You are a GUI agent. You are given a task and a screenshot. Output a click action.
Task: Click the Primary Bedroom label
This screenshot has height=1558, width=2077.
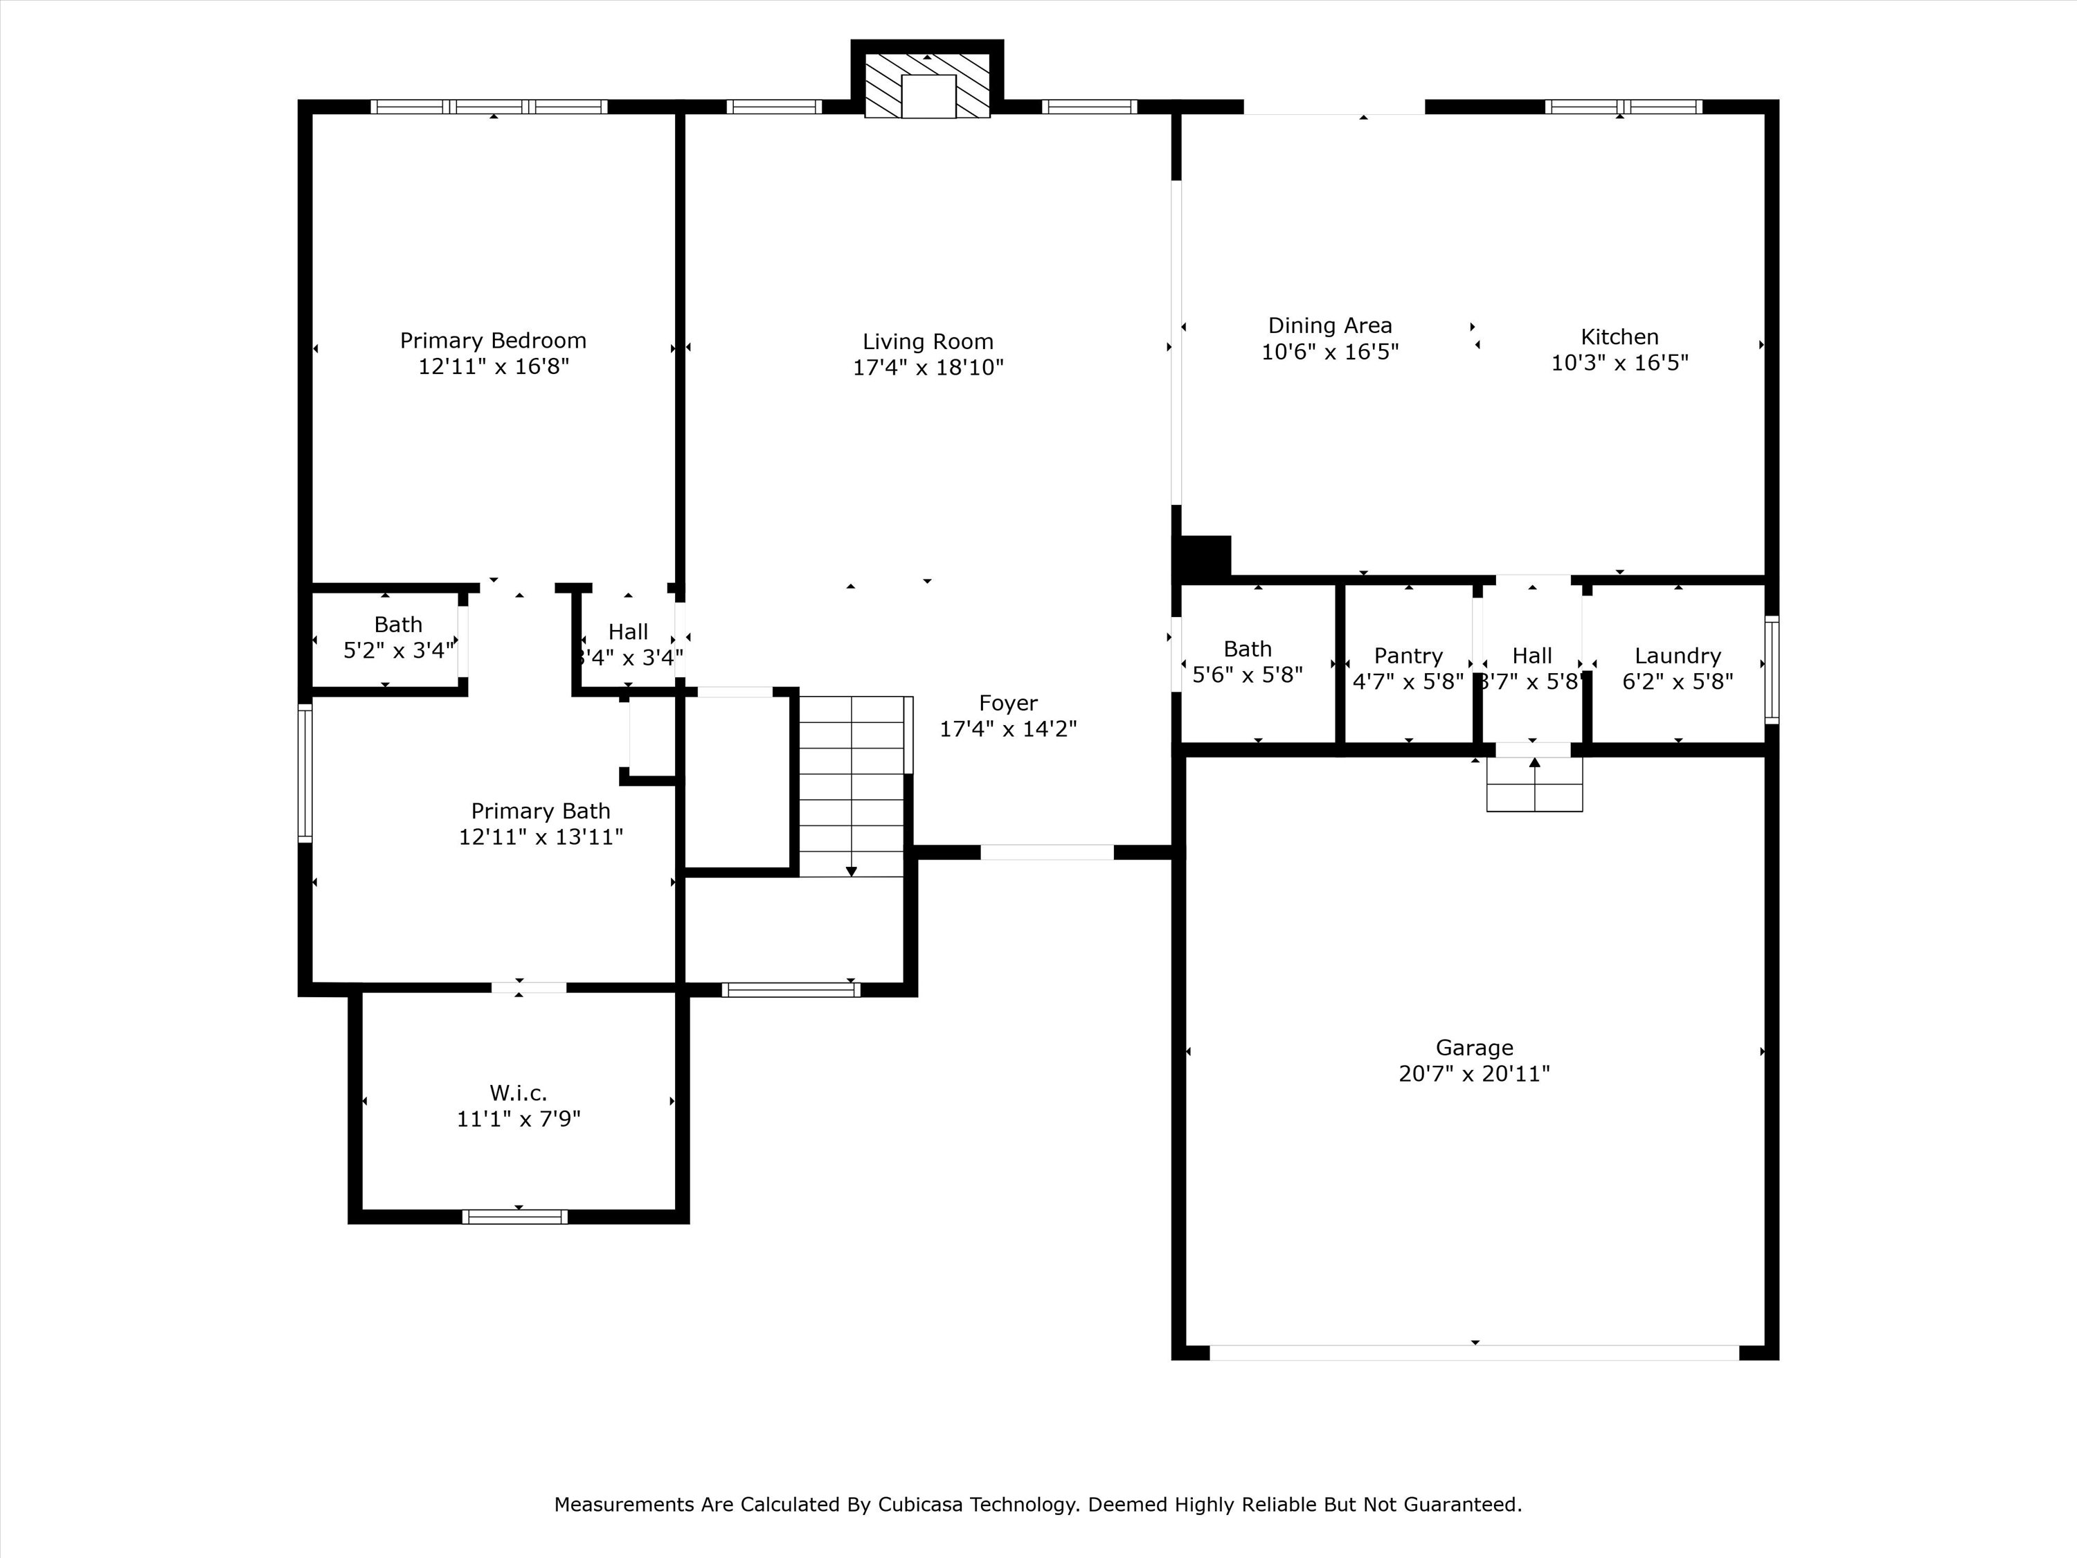(493, 341)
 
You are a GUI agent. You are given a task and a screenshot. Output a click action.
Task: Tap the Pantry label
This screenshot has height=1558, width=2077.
(1408, 656)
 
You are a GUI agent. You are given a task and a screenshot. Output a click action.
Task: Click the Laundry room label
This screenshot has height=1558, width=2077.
(1677, 656)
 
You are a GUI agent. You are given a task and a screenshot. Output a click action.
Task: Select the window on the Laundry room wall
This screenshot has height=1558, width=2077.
(1771, 669)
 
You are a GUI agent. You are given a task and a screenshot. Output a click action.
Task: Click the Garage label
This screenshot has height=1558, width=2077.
(1474, 1047)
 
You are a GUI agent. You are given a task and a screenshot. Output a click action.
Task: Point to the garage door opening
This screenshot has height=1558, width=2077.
(1474, 1352)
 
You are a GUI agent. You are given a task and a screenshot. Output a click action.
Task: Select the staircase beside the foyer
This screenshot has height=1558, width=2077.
(852, 787)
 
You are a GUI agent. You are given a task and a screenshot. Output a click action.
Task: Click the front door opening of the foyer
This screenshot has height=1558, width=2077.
(1047, 852)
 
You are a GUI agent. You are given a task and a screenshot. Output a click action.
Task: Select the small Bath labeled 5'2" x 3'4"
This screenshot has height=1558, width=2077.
(398, 638)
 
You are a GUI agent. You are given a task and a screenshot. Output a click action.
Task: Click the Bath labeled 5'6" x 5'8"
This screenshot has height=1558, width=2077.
(1247, 662)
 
